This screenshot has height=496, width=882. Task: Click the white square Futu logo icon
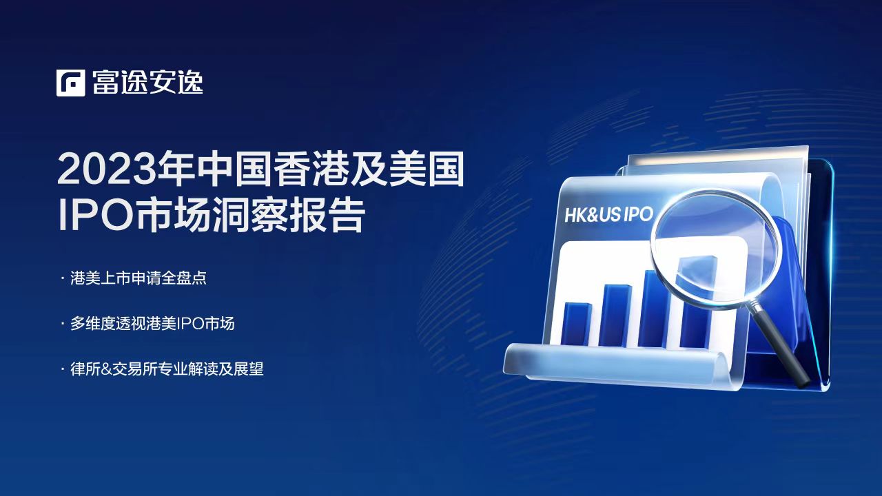click(70, 83)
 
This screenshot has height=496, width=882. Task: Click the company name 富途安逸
click(147, 83)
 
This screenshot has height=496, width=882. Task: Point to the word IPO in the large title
click(95, 216)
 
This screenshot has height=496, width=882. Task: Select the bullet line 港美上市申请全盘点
click(139, 278)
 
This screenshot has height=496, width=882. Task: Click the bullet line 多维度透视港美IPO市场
click(152, 324)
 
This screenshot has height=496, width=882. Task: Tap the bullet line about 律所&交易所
click(167, 369)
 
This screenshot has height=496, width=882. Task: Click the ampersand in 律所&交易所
click(106, 369)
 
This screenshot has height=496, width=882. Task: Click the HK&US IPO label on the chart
click(609, 214)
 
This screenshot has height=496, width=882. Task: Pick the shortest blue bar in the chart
click(577, 324)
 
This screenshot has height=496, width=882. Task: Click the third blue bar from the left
click(655, 309)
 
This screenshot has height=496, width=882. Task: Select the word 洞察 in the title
click(249, 216)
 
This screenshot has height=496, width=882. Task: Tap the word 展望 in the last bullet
click(249, 369)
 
